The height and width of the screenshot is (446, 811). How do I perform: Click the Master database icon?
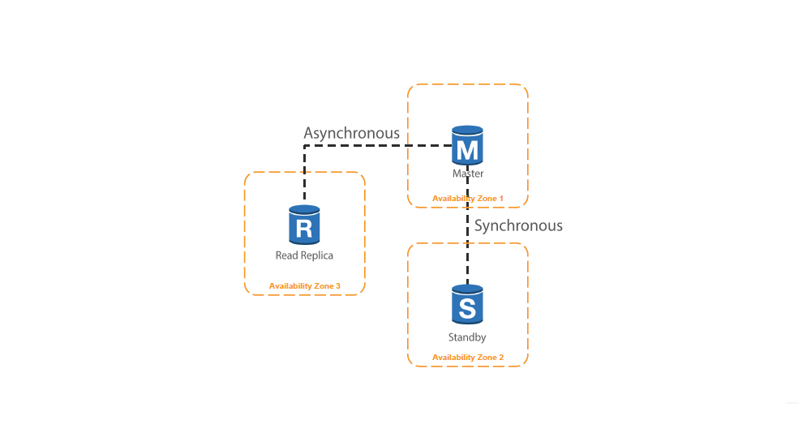point(467,146)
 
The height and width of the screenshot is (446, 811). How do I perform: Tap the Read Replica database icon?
point(304,225)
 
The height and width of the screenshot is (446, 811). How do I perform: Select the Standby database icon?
point(467,305)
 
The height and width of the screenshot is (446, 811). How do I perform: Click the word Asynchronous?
point(351,133)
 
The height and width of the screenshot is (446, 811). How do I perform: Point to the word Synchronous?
point(518,225)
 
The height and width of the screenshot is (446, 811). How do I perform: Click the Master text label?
point(468,174)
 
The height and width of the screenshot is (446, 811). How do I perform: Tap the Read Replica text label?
point(304,255)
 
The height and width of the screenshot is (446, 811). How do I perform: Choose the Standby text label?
point(467,337)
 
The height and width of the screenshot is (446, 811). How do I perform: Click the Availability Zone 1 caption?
point(468,198)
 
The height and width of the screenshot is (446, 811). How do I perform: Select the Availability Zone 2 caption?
point(468,358)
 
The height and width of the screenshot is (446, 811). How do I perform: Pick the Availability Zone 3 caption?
point(305,285)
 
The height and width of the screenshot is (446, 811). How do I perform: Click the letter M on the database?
point(467,149)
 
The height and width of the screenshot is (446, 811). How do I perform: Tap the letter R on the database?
point(304,228)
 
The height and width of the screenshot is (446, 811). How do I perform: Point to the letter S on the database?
point(467,308)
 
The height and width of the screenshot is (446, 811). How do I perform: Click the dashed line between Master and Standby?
point(467,243)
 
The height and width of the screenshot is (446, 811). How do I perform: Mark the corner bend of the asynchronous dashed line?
point(304,146)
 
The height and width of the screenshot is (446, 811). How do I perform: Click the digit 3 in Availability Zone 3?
point(338,285)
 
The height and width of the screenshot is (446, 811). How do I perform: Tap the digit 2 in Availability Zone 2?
point(501,358)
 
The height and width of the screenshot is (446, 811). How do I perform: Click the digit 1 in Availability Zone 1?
point(501,198)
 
